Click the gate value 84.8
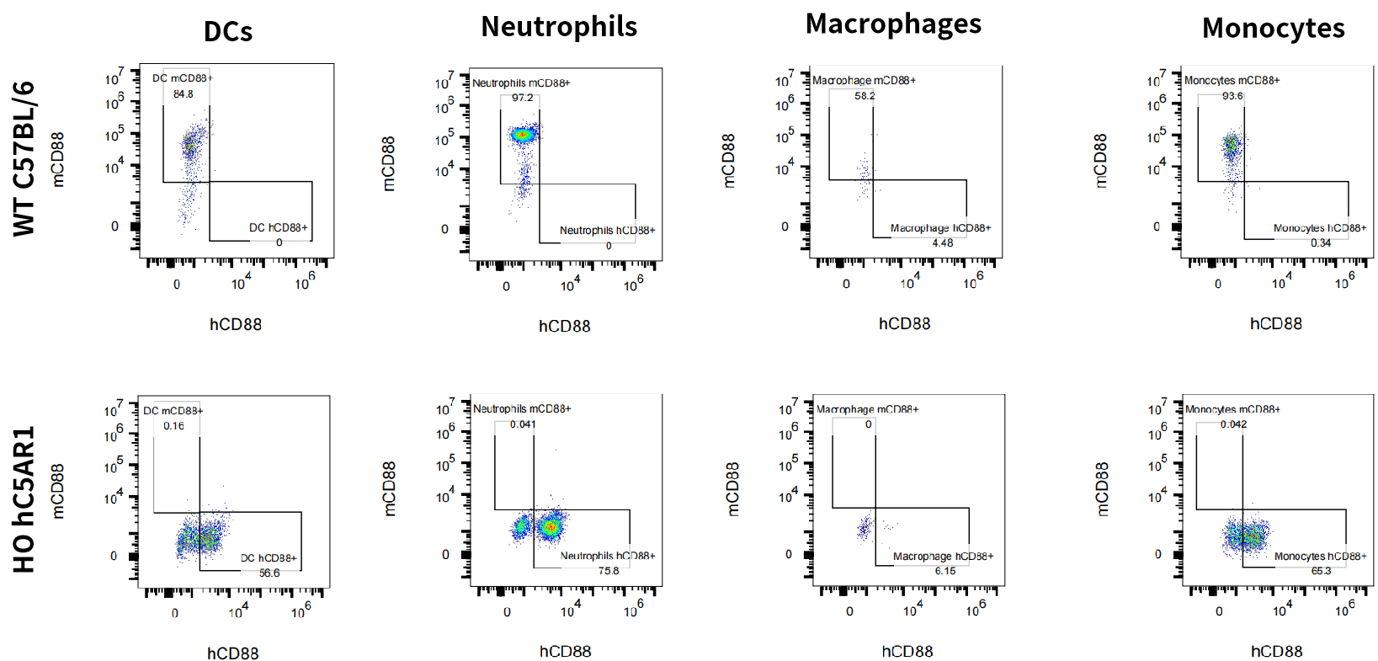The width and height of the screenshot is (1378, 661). pos(184,94)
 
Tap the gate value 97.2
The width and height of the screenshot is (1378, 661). pos(523,98)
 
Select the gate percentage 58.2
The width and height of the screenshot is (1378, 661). pos(865,96)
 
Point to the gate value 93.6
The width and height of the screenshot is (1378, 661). pos(1232,96)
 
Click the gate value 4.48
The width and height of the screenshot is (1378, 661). pos(943,243)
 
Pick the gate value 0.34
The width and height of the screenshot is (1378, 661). pos(1321,243)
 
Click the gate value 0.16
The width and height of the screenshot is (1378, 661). pos(174,426)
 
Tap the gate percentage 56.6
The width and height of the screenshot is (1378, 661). pos(269,573)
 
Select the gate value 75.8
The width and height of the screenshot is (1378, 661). pos(609,571)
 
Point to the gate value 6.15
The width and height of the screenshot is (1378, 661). pos(945,571)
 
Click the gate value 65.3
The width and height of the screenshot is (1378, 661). pos(1321,571)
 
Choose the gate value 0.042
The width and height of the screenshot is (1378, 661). pos(1234,424)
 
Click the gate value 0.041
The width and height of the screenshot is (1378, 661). pos(523,424)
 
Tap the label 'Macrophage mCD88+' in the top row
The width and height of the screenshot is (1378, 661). pos(864,81)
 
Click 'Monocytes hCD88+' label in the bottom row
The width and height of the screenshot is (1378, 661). pos(1320,557)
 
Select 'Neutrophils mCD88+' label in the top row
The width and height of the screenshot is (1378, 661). pos(521,83)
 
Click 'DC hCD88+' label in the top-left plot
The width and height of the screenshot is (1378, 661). pos(279,227)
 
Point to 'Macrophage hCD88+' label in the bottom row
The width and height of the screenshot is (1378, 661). pos(943,557)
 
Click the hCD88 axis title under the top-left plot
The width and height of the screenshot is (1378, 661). pos(236,324)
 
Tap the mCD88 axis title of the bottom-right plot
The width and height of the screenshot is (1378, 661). pos(1102,488)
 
